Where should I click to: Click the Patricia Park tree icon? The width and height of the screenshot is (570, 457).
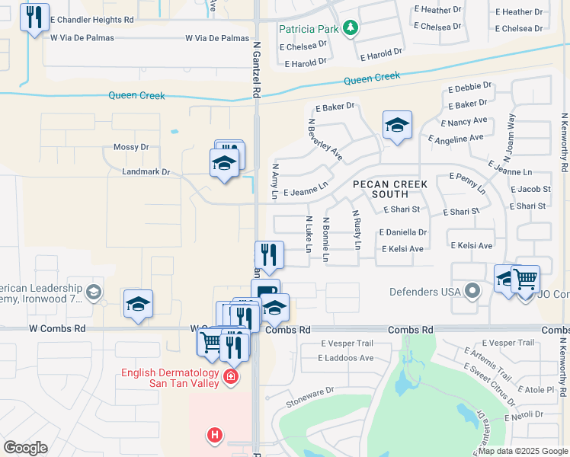point(351,28)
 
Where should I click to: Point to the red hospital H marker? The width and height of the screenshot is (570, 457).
point(216,435)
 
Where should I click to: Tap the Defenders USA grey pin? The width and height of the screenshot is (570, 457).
point(473,291)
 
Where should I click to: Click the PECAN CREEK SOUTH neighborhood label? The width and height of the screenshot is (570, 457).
point(389,189)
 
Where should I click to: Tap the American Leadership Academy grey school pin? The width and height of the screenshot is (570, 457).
point(94,291)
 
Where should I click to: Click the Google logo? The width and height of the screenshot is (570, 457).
point(25,448)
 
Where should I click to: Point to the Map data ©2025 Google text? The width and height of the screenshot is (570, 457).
point(521,451)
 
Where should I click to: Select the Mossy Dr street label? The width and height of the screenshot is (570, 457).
point(131,147)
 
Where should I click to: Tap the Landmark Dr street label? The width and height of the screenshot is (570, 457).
point(146,172)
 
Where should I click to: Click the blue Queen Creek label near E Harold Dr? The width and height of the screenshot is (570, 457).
point(372,78)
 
